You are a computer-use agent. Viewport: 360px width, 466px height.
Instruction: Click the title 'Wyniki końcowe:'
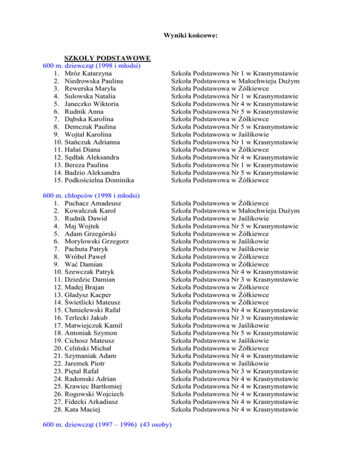(190, 35)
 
